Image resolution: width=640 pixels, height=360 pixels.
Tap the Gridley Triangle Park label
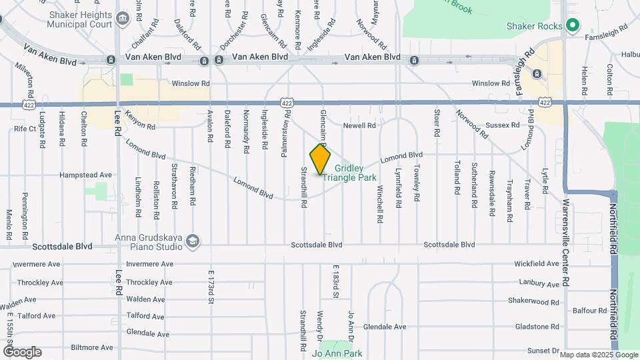coord(350,173)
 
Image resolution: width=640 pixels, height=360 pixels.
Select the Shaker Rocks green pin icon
coord(571,26)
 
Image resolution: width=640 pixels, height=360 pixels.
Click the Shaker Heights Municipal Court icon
coord(123,19)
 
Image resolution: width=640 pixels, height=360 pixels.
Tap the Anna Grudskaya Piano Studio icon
coord(193,241)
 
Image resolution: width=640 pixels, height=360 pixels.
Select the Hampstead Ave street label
coord(86,175)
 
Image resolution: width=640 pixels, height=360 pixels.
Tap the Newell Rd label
coord(361,125)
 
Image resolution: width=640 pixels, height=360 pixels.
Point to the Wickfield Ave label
coord(537,264)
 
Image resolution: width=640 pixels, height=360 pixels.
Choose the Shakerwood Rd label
coord(532,301)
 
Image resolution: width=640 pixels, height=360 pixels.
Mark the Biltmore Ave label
coord(92,347)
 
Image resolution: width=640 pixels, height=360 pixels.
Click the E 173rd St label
coord(211,287)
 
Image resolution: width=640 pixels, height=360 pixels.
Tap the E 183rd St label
coord(336,283)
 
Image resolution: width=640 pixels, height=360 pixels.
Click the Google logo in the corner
coord(22,351)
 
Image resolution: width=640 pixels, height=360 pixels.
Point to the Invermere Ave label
coord(37,265)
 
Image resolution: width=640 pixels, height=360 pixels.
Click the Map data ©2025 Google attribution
coord(598,355)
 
